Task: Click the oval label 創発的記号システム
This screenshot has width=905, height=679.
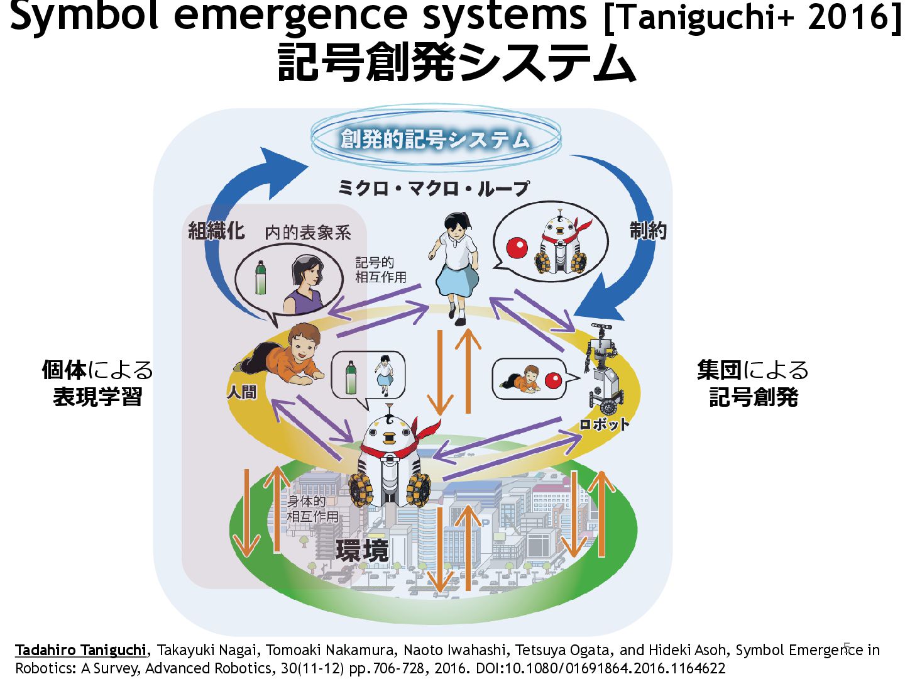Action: point(435,139)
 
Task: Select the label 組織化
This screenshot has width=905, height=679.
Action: point(216,231)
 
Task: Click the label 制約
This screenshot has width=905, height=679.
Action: point(648,231)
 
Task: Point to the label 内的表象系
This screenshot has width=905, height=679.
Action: point(308,233)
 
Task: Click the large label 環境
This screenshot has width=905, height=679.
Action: point(363,551)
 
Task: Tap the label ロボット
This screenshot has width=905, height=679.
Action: point(604,424)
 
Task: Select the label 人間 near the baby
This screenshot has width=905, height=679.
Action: point(242,392)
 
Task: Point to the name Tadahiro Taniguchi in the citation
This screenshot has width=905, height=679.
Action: point(80,650)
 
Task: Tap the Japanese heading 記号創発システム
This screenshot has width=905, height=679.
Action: point(457,63)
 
